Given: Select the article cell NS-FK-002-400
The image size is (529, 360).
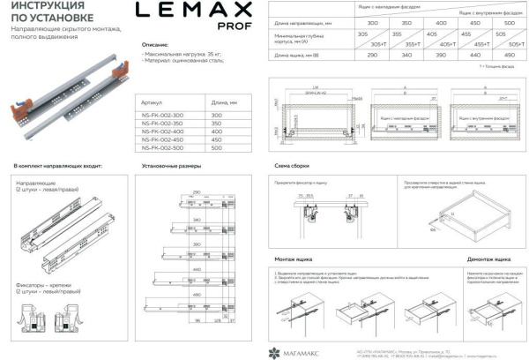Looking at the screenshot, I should pyautogui.click(x=163, y=131).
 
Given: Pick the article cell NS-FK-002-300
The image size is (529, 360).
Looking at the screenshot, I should pyautogui.click(x=163, y=116).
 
